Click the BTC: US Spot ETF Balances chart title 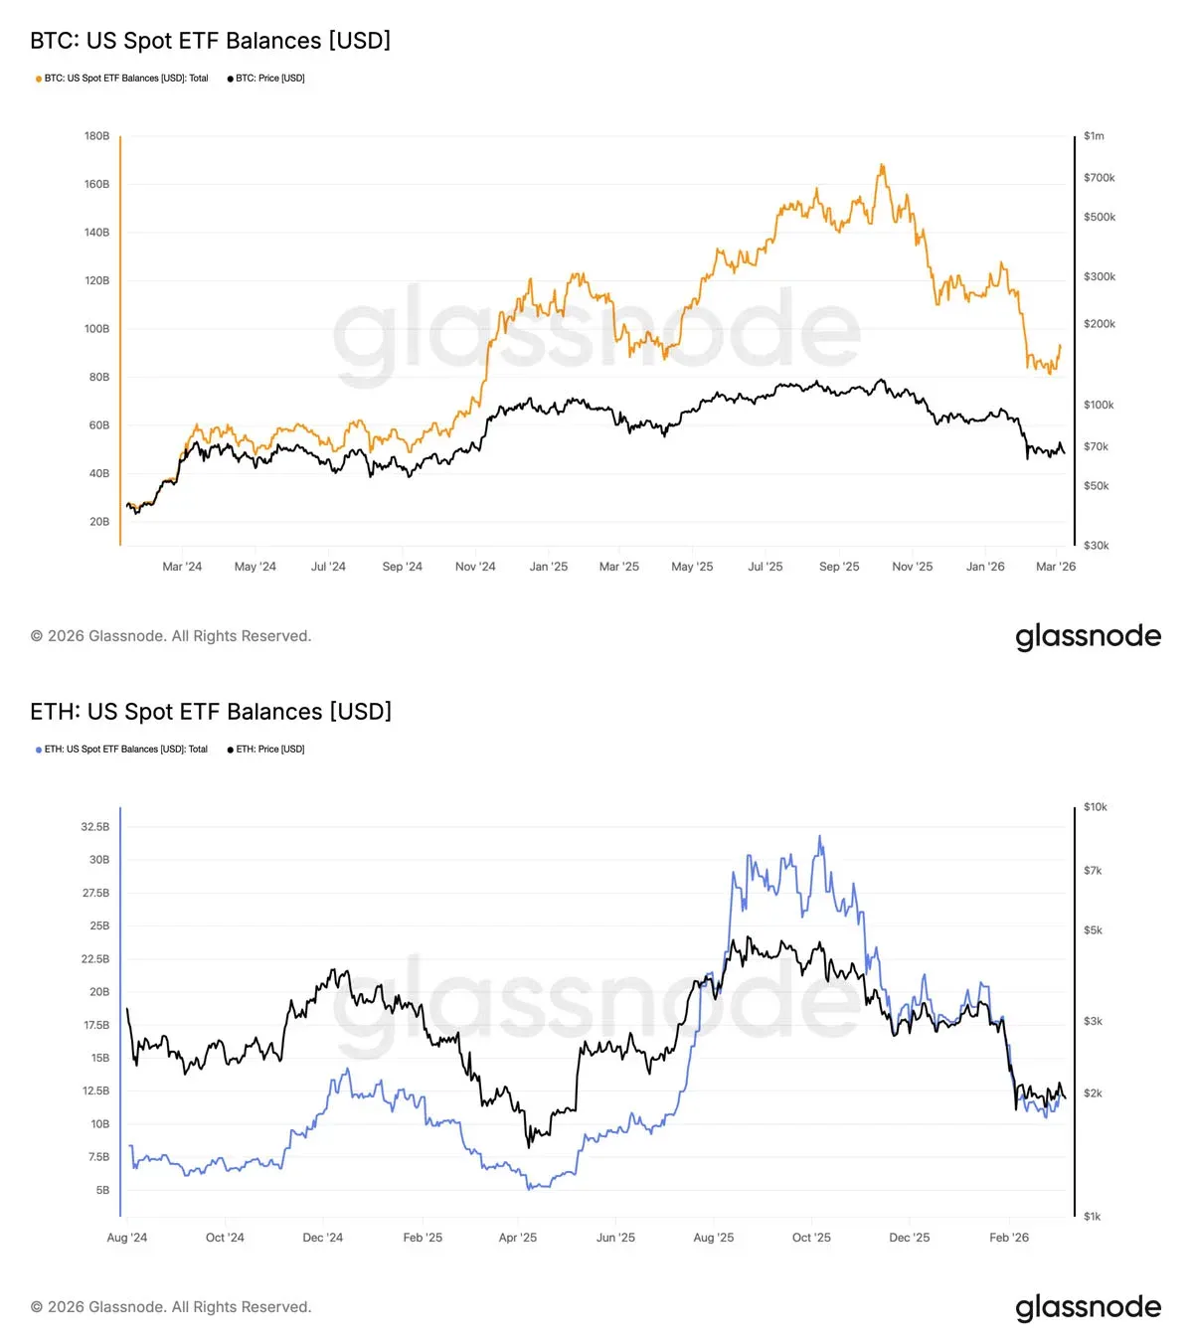pos(210,41)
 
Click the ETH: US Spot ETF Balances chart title pos(211,712)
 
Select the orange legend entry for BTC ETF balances pos(122,79)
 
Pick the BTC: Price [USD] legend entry pos(266,79)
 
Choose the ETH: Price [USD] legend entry pos(266,750)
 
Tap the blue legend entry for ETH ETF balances pos(122,750)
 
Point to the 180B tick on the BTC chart pos(97,136)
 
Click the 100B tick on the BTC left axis pos(97,329)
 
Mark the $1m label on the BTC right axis pos(1094,136)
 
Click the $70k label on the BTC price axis pos(1096,447)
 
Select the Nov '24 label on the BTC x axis pos(475,567)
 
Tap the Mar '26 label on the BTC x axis pos(1055,567)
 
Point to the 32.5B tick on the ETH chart pos(95,827)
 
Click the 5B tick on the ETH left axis pos(102,1190)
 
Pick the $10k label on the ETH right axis pos(1095,807)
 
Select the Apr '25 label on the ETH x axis pos(517,1238)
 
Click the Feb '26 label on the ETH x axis pos(1009,1238)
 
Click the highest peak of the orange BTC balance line pos(881,165)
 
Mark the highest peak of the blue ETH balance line pos(820,836)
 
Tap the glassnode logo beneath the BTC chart pos(1088,636)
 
